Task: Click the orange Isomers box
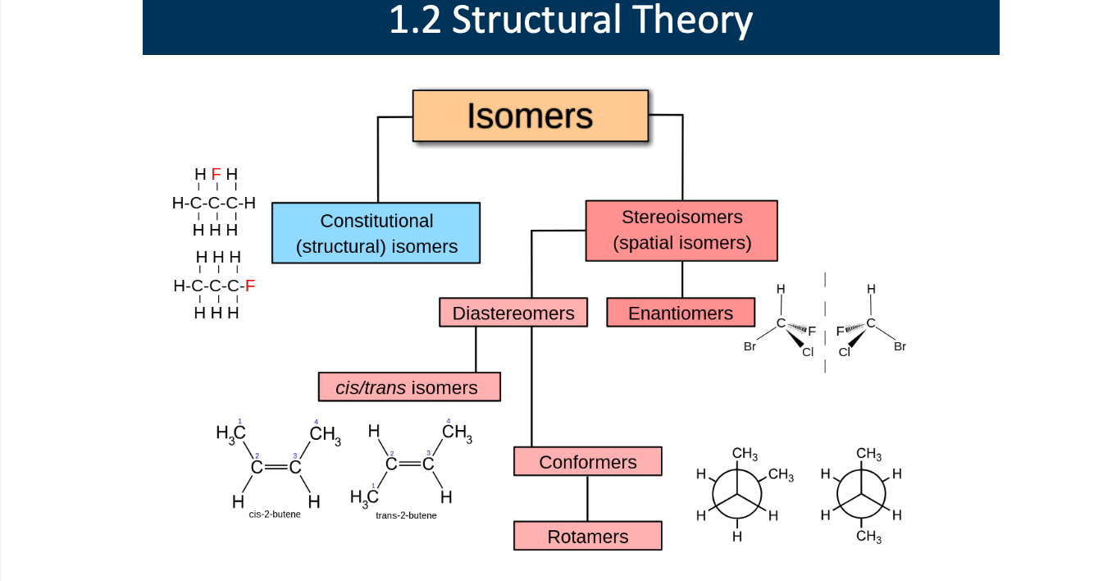530,116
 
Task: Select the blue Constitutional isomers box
376,233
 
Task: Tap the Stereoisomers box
681,231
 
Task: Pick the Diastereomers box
513,313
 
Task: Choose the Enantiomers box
681,313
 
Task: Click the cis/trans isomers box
409,387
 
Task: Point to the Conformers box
587,461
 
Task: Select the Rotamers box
587,536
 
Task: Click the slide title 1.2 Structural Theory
571,21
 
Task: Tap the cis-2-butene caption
275,515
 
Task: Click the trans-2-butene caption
406,515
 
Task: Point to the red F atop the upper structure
216,174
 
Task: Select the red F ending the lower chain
250,286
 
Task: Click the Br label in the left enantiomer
750,346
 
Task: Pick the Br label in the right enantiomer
900,346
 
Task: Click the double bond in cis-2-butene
276,467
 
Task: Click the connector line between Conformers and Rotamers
587,498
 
